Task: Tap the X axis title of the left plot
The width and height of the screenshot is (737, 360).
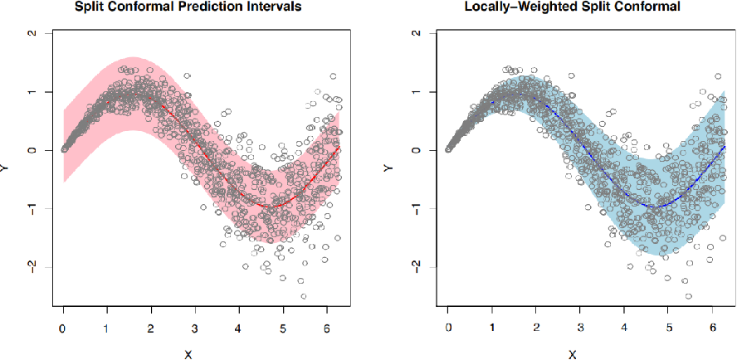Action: (188, 354)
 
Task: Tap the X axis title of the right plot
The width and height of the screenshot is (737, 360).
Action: (573, 354)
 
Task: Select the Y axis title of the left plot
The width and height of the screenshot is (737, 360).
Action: (7, 168)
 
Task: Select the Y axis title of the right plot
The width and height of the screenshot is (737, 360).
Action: (390, 168)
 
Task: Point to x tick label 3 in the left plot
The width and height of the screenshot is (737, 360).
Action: (195, 329)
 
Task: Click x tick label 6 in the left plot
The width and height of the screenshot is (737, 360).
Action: (327, 329)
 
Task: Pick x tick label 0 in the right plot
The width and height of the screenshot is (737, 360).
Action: (448, 329)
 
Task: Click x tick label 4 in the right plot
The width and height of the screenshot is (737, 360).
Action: (624, 329)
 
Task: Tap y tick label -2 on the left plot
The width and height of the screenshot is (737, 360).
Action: (32, 265)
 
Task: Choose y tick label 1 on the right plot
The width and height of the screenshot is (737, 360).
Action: (416, 91)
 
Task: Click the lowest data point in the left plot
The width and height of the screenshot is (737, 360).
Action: (304, 296)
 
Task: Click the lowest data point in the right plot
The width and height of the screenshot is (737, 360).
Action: (688, 296)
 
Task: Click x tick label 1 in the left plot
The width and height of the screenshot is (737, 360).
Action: (107, 329)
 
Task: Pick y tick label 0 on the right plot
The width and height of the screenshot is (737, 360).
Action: (416, 150)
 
